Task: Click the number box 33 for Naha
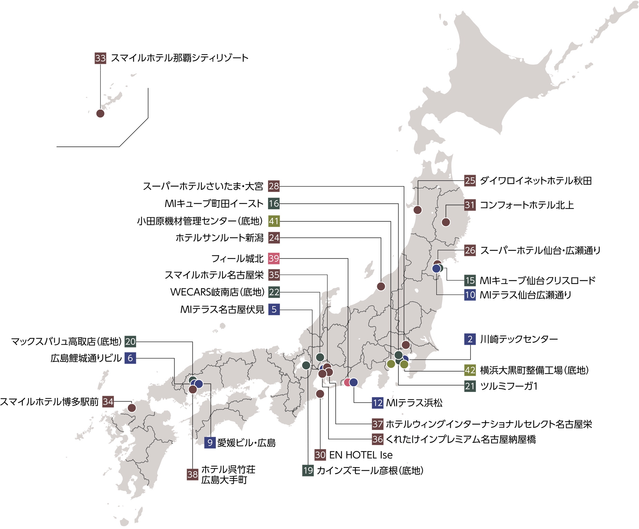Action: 100,58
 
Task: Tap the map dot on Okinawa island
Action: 100,114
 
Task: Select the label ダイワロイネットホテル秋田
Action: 536,181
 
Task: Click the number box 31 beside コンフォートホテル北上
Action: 470,205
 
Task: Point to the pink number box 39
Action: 274,258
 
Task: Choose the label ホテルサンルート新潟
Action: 220,238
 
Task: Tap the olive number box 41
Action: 274,221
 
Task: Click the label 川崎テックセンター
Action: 519,339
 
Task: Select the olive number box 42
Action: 470,370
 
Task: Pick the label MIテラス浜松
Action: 414,403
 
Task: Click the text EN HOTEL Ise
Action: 361,455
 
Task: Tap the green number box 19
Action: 308,470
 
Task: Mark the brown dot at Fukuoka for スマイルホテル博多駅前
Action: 132,408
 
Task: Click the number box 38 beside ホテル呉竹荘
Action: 192,474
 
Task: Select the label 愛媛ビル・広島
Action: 246,443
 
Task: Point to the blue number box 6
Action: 130,358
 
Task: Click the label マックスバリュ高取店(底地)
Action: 66,342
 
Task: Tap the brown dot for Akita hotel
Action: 418,210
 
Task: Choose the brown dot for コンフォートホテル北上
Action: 446,222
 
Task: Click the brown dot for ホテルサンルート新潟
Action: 381,286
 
